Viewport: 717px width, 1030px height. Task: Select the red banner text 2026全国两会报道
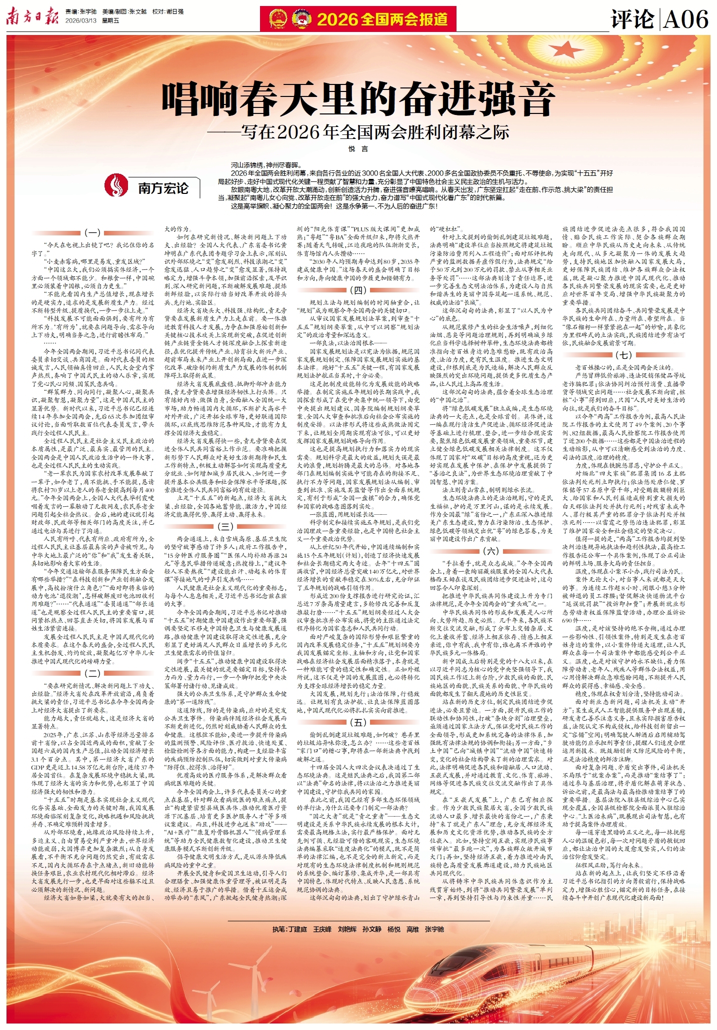click(x=382, y=19)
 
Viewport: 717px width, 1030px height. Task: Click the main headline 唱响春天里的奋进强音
click(x=358, y=98)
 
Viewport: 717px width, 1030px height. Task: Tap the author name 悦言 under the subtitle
click(x=358, y=149)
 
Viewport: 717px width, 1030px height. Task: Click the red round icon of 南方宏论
click(x=116, y=185)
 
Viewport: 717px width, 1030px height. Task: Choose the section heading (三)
click(x=225, y=526)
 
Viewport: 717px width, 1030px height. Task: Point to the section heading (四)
click(x=358, y=290)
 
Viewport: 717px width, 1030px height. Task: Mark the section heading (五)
click(x=358, y=723)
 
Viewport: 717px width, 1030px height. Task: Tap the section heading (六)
click(x=491, y=551)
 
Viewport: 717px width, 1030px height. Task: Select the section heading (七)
click(x=623, y=355)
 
